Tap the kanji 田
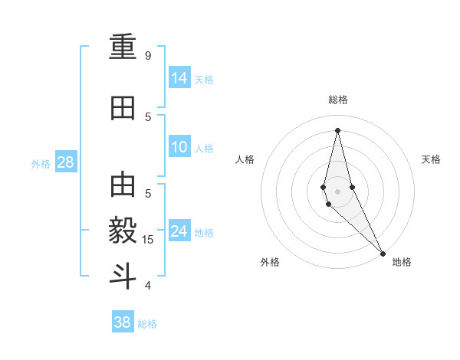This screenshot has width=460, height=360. tap(123, 108)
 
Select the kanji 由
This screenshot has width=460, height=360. tap(123, 186)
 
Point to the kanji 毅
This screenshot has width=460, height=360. tap(123, 231)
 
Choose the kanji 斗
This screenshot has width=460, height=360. tap(123, 275)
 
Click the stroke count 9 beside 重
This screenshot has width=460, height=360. tap(148, 55)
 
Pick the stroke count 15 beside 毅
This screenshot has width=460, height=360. tap(148, 240)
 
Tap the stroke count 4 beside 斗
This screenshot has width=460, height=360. tap(148, 285)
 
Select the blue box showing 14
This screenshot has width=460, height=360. tap(179, 77)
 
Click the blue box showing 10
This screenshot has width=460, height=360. tap(179, 147)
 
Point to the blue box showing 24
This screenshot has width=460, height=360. tap(179, 231)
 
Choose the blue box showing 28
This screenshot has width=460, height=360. tap(65, 162)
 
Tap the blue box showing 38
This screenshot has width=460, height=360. tap(123, 322)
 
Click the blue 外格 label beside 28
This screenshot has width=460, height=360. tap(41, 163)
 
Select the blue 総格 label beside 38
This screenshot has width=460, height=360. tap(147, 324)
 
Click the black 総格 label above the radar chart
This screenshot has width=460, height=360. tap(337, 100)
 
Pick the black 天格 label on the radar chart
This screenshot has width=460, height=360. tap(431, 159)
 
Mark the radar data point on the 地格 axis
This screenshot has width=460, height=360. tap(383, 253)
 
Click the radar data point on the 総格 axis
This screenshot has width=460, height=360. tap(337, 129)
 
